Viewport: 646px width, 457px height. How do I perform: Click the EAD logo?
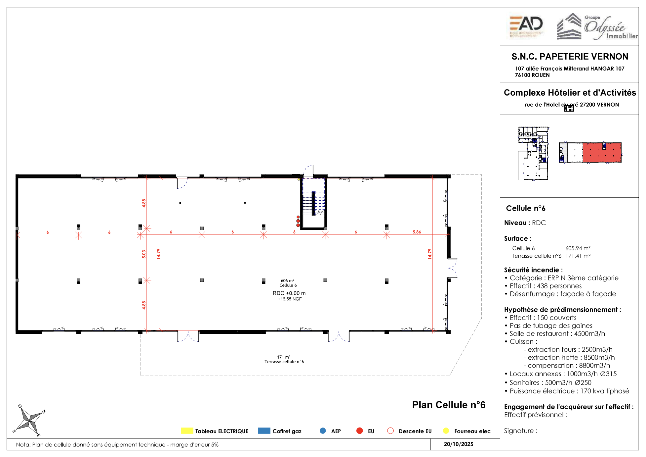click(526, 26)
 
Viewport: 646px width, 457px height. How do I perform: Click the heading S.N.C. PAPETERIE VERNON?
click(570, 57)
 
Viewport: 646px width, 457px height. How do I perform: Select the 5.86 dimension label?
click(417, 232)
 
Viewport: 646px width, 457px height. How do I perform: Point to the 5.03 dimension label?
click(144, 254)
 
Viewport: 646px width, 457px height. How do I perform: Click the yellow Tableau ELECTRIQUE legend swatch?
click(187, 431)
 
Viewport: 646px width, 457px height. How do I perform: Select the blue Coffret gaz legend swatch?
click(264, 431)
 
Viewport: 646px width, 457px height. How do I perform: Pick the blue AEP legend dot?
click(323, 431)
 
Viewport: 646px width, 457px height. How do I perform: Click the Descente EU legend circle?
click(390, 431)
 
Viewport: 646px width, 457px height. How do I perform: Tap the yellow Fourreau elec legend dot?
click(446, 431)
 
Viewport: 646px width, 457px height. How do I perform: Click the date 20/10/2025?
click(458, 444)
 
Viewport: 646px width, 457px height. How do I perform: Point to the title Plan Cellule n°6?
click(449, 405)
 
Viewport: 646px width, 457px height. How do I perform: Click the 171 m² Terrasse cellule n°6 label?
click(284, 359)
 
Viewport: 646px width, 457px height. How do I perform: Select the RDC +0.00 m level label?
click(289, 293)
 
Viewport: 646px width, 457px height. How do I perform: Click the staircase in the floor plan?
click(313, 203)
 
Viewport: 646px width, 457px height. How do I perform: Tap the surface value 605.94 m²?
click(578, 248)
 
